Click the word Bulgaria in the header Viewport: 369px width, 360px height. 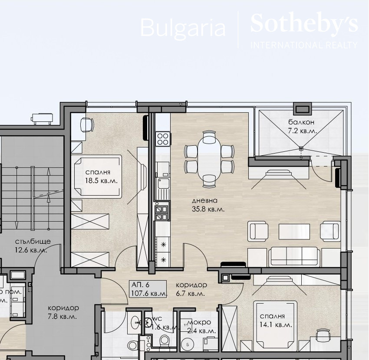tap(183, 28)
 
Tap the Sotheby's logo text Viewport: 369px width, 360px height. tap(304, 23)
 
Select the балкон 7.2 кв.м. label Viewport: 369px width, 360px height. tap(302, 126)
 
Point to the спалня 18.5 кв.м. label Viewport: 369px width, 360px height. tap(102, 176)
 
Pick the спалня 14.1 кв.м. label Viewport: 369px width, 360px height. tap(276, 320)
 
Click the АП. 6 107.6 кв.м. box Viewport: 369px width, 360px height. tap(148, 289)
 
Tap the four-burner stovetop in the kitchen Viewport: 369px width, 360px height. tap(163, 139)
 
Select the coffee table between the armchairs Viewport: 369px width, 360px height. tap(294, 229)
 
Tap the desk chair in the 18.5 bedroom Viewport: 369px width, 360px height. tap(86, 125)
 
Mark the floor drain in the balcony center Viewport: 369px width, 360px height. tap(301, 148)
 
